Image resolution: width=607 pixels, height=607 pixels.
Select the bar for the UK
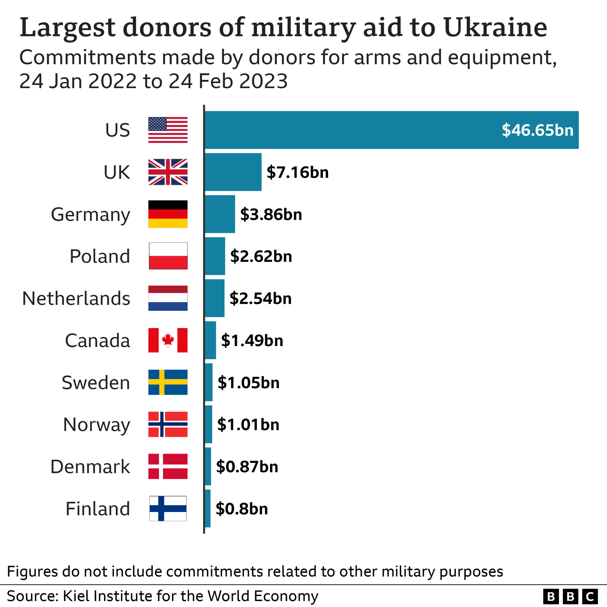[233, 172]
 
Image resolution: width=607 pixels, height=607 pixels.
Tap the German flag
[168, 214]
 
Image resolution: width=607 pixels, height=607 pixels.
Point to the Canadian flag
[168, 340]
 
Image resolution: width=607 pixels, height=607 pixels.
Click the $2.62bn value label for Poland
[261, 256]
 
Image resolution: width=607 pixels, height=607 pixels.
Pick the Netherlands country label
[76, 298]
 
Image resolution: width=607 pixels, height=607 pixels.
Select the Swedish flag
[168, 382]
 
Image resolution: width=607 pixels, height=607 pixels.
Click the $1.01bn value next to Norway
[248, 424]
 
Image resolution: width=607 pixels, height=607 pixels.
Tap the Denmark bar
[208, 466]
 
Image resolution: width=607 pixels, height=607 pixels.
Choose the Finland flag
[168, 508]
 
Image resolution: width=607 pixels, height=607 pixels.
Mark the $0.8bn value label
[242, 509]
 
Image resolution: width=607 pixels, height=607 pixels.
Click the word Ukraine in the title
[495, 28]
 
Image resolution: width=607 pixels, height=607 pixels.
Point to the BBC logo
[570, 597]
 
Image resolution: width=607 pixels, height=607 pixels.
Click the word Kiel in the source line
[76, 596]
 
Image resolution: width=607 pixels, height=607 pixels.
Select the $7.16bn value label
[297, 172]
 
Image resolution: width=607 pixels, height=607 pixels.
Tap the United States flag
[168, 130]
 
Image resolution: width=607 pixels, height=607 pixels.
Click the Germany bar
[220, 214]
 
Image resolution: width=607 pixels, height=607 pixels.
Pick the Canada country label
[97, 340]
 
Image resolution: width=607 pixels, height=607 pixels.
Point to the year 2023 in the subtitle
[263, 81]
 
